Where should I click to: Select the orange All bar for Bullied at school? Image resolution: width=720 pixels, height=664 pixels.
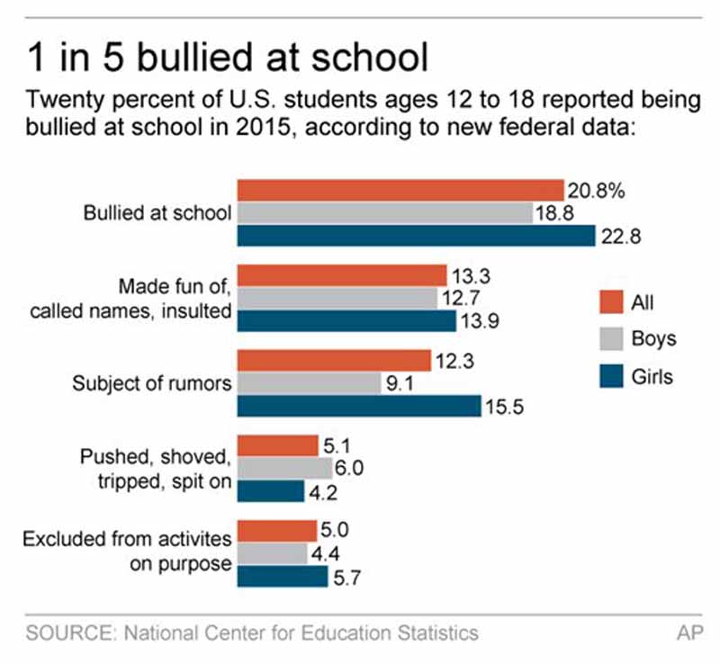pyautogui.click(x=400, y=189)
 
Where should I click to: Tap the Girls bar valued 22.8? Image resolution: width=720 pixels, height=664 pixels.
pyautogui.click(x=416, y=236)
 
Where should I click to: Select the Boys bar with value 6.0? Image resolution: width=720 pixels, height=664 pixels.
pyautogui.click(x=284, y=468)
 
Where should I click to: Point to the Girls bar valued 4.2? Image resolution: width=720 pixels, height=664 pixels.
pyautogui.click(x=271, y=491)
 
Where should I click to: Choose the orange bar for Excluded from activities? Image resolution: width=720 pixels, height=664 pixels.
pyautogui.click(x=277, y=530)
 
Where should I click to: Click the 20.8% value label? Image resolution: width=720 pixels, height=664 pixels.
pyautogui.click(x=596, y=191)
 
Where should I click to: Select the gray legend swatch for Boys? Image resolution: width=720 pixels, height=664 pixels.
pyautogui.click(x=611, y=338)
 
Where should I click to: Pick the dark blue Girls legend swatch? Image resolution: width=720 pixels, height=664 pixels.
pyautogui.click(x=611, y=376)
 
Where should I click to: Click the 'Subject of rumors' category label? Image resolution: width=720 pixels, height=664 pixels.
pyautogui.click(x=152, y=383)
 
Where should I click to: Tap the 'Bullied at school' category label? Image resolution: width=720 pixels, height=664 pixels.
pyautogui.click(x=157, y=213)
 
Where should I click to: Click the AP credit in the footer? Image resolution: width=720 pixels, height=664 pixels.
pyautogui.click(x=689, y=633)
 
